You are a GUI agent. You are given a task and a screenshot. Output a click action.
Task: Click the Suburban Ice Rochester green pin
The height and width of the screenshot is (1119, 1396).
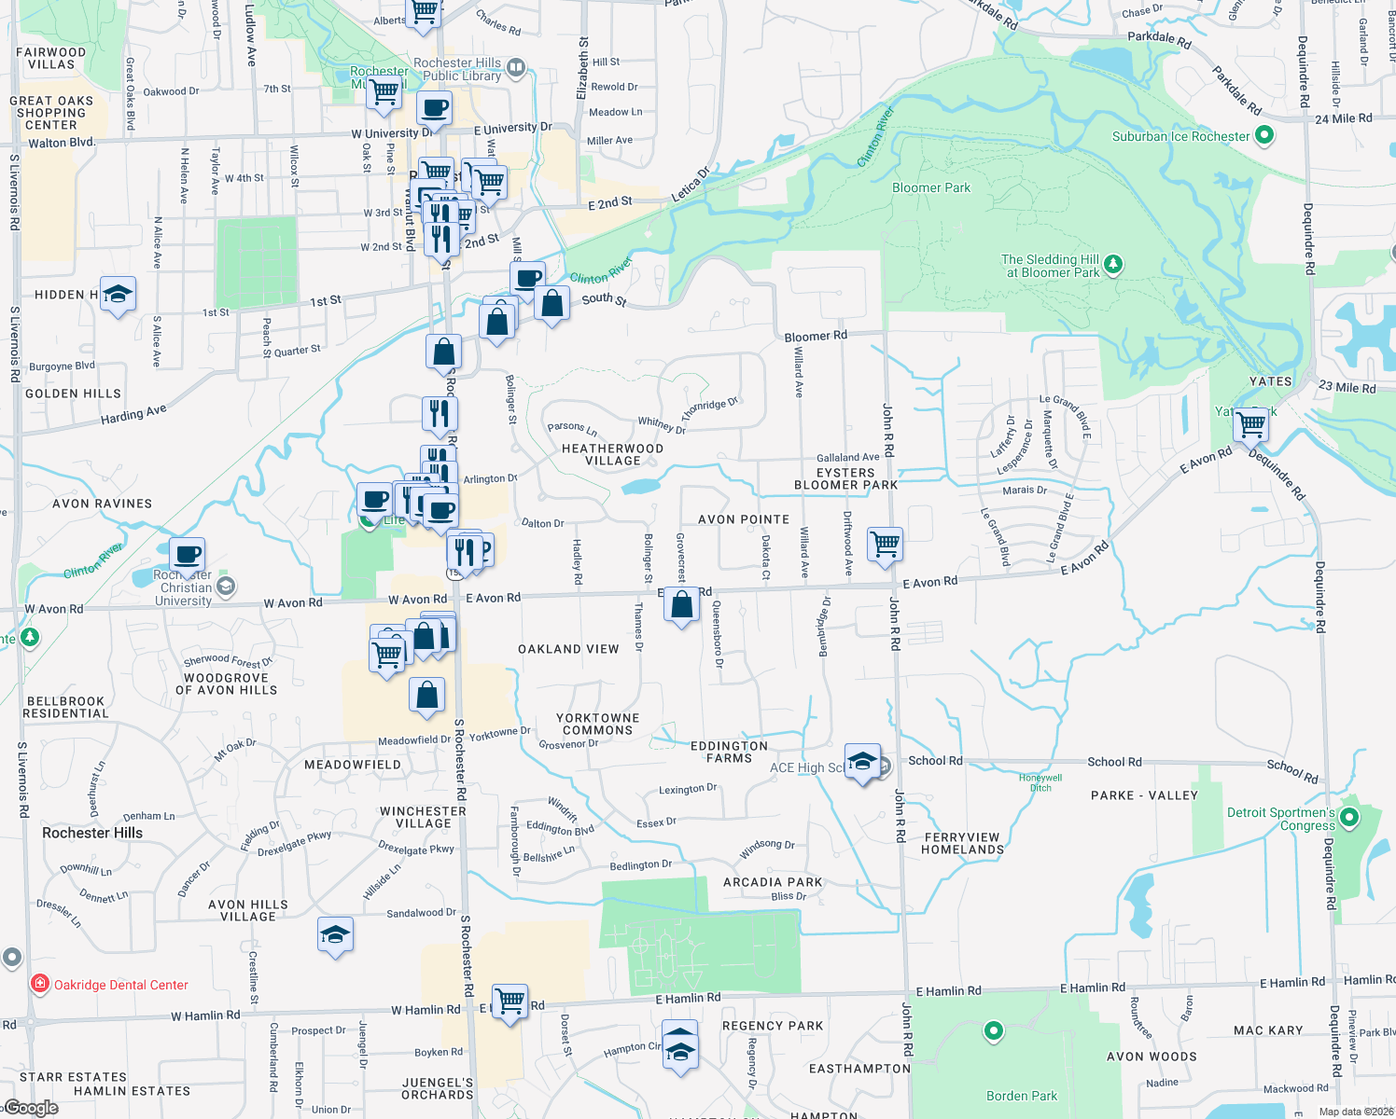1264,136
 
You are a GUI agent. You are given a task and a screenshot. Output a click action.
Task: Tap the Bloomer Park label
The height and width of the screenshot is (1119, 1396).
930,187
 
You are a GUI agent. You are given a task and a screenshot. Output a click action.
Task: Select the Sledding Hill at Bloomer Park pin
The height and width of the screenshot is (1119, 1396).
1113,266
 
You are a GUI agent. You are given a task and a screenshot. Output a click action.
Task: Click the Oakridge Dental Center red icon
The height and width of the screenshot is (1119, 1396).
40,984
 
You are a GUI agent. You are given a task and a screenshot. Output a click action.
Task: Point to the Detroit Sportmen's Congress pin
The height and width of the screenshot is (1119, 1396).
1349,819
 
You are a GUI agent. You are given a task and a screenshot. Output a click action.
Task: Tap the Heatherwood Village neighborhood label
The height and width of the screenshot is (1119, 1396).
612,454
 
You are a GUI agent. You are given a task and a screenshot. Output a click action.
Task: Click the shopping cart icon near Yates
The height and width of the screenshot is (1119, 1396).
1250,425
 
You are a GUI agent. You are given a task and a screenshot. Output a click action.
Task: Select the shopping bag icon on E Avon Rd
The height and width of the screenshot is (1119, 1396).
682,605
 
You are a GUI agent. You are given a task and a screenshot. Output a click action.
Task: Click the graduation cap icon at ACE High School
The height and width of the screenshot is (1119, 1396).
862,762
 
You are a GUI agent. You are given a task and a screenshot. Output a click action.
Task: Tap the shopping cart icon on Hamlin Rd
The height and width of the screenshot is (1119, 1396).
510,1002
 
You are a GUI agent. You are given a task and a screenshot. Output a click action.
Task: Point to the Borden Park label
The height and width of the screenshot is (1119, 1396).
1022,1096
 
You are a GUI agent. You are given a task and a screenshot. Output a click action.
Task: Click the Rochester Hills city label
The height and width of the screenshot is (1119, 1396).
92,833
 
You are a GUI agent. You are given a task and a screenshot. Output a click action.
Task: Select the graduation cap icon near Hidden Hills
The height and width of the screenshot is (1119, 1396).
118,295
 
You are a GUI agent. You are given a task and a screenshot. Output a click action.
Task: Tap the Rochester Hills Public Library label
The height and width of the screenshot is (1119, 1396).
457,69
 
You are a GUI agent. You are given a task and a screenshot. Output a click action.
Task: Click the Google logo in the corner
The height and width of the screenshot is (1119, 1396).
31,1108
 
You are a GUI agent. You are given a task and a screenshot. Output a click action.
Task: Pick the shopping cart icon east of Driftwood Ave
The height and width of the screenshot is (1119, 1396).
885,544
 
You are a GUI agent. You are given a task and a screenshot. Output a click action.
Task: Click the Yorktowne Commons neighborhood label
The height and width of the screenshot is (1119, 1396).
598,724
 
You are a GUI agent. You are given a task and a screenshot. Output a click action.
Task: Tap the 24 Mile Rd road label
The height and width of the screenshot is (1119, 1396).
1343,118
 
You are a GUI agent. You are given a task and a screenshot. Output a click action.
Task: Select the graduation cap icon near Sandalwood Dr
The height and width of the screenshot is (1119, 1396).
335,935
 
